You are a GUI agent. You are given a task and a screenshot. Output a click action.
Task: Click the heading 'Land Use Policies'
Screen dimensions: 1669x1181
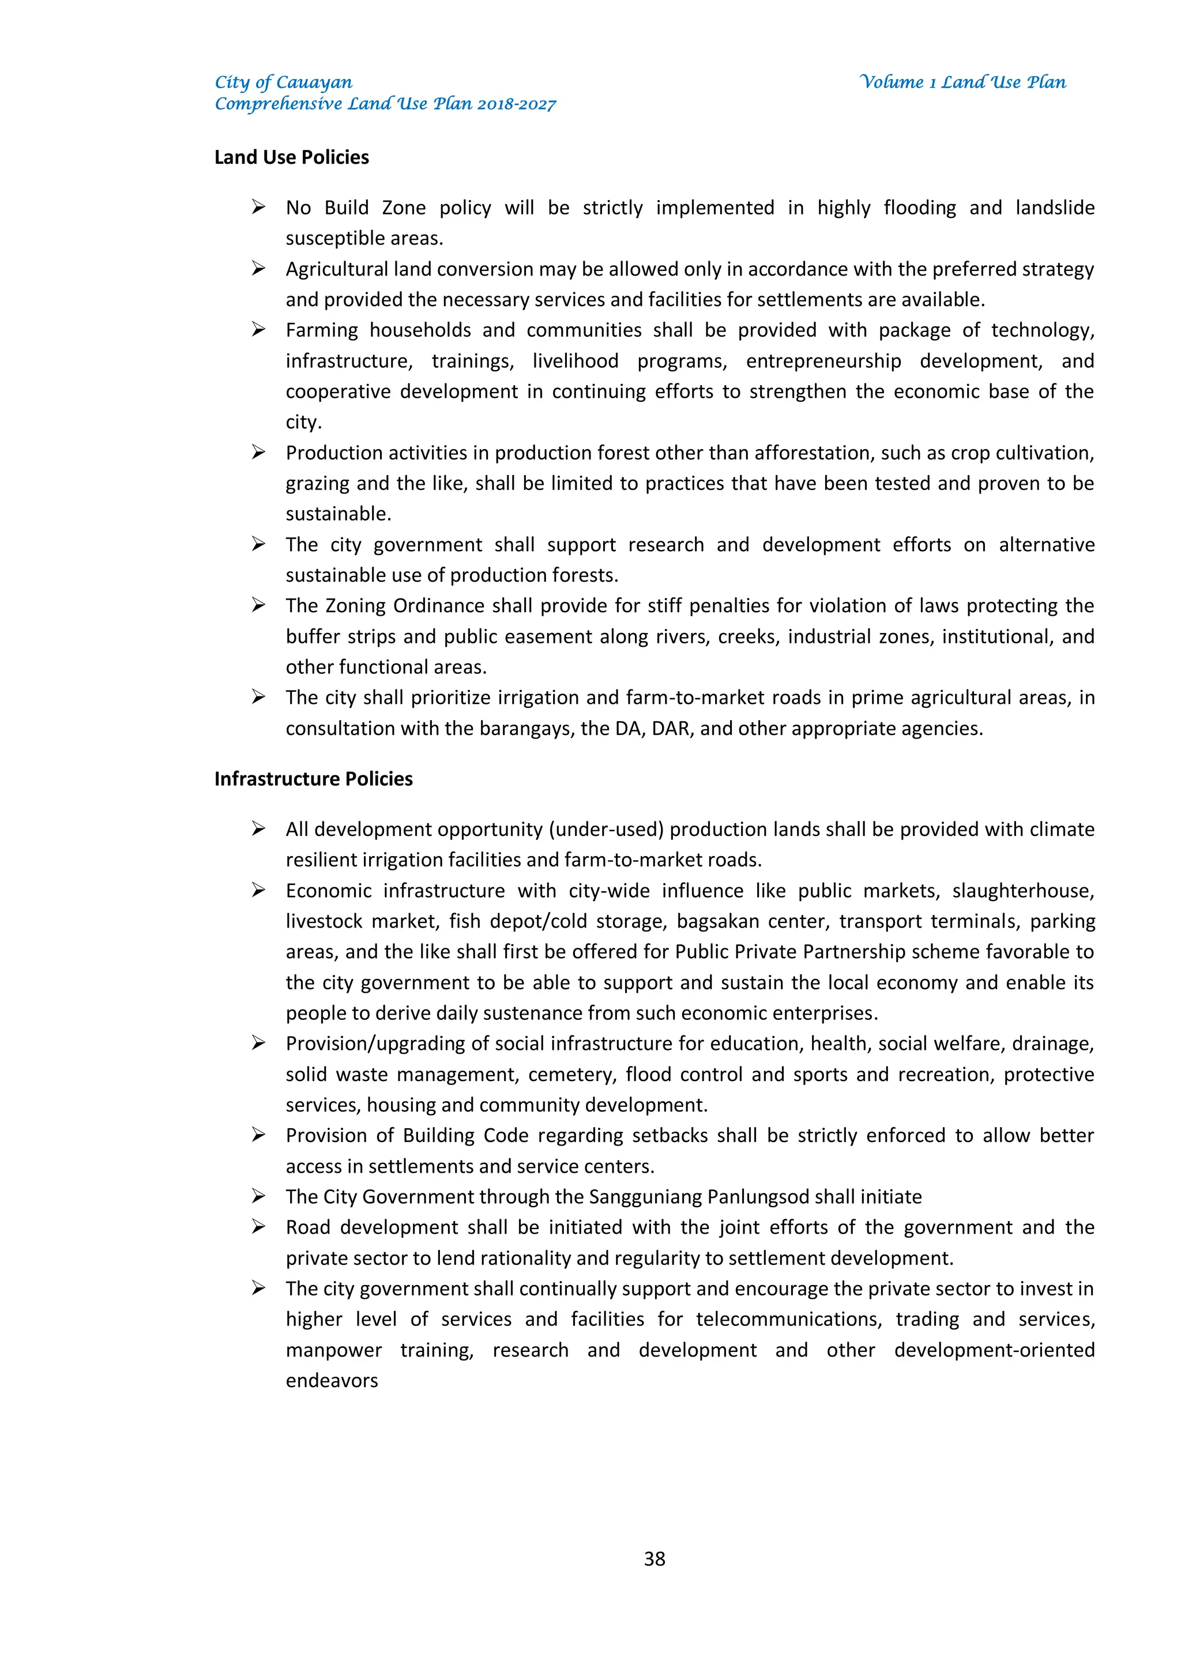[292, 158]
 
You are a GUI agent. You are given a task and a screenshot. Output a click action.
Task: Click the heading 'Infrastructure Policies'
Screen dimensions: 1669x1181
[314, 779]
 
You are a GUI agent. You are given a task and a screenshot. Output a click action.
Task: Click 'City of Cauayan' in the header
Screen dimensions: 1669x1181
[284, 82]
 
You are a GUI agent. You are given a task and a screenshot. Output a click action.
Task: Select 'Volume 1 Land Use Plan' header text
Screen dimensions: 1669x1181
[963, 82]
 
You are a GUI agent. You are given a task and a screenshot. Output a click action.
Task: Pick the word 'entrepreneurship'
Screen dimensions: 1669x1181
[823, 361]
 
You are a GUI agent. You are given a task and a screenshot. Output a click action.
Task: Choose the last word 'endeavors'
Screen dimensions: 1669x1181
[332, 1380]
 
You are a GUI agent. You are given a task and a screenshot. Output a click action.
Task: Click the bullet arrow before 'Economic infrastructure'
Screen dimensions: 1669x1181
[258, 891]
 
